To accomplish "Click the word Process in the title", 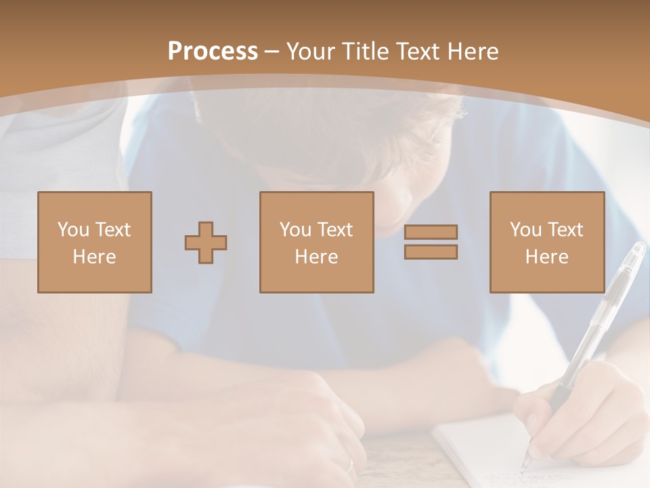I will click(213, 52).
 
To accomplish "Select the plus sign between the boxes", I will click(206, 243).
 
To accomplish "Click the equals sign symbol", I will click(431, 242).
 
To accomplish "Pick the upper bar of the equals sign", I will click(431, 232).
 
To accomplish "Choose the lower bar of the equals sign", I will click(431, 252).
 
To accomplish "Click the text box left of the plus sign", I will click(95, 243).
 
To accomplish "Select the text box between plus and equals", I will click(317, 243).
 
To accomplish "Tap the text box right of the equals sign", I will click(547, 243).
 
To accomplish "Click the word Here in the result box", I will click(547, 257).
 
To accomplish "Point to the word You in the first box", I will click(73, 230).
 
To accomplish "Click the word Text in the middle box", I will click(334, 230).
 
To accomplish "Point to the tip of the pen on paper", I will click(523, 469).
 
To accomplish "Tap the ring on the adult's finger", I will click(350, 466).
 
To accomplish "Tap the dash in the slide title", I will click(272, 52).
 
